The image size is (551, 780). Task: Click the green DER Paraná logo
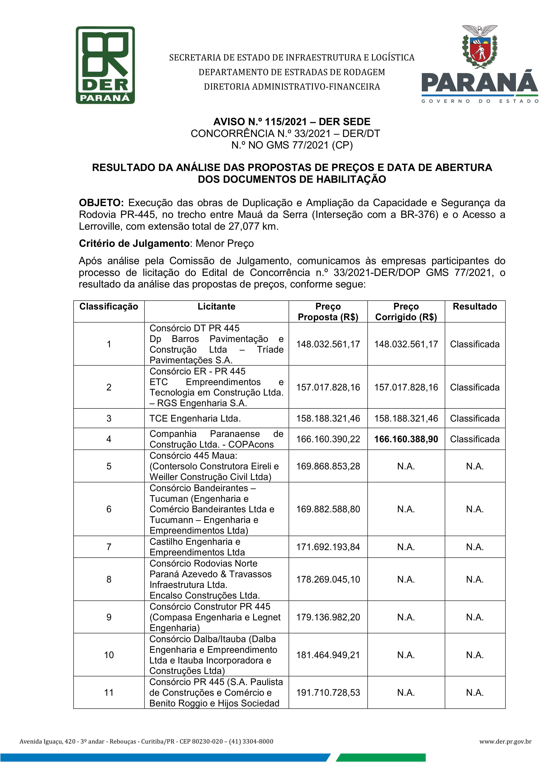click(105, 65)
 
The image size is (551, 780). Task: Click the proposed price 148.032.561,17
click(328, 344)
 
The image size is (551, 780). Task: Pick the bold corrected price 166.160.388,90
click(406, 439)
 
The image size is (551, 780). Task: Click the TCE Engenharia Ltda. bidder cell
click(195, 418)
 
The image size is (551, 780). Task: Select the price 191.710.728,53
click(328, 693)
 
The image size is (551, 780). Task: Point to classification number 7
click(109, 547)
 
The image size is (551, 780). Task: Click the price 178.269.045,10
click(328, 579)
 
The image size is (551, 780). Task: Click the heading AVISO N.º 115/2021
click(291, 122)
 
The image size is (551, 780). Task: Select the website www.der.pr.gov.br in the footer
click(505, 742)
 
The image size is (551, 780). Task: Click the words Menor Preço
click(224, 243)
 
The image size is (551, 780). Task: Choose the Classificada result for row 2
click(475, 387)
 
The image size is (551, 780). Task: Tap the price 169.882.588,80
click(328, 509)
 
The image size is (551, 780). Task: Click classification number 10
click(109, 655)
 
